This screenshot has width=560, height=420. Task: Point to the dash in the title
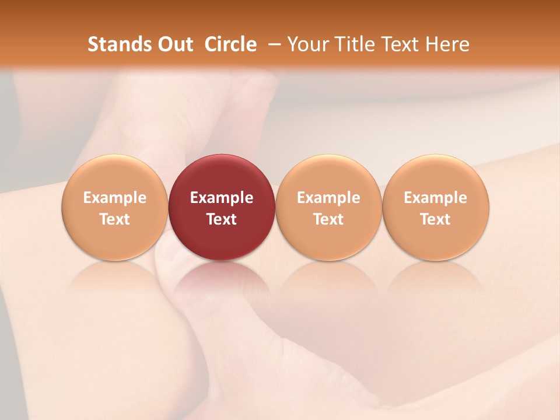point(274,45)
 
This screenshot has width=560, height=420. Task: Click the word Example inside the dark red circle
point(222,198)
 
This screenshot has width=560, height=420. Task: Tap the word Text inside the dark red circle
point(222,219)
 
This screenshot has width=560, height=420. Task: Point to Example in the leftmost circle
point(114,198)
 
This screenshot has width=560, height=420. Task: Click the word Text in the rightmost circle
point(436,219)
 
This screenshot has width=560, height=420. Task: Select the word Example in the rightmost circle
point(436,198)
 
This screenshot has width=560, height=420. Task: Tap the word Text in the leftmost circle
point(114,219)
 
